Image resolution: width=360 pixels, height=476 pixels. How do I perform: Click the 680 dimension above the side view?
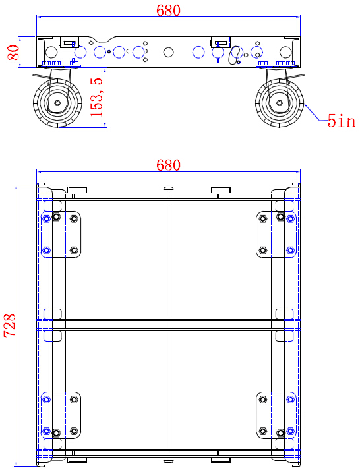point(168,10)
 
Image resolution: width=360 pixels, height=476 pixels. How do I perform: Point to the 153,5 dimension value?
point(97,96)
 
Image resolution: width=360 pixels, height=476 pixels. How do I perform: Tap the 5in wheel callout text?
point(341,121)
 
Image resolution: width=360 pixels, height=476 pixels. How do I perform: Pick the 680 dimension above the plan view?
point(168,164)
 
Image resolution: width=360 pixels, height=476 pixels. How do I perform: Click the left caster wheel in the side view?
point(58,104)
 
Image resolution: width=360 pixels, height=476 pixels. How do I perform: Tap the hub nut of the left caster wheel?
point(58,104)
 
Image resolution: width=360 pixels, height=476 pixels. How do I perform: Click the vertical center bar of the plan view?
point(168,264)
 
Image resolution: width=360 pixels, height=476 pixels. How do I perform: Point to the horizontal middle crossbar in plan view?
point(168,324)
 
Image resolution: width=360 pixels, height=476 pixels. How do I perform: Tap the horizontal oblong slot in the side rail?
point(138,51)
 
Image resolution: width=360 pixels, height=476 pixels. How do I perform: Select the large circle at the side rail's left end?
point(51,51)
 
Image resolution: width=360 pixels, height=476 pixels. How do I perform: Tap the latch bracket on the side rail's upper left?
point(68,42)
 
